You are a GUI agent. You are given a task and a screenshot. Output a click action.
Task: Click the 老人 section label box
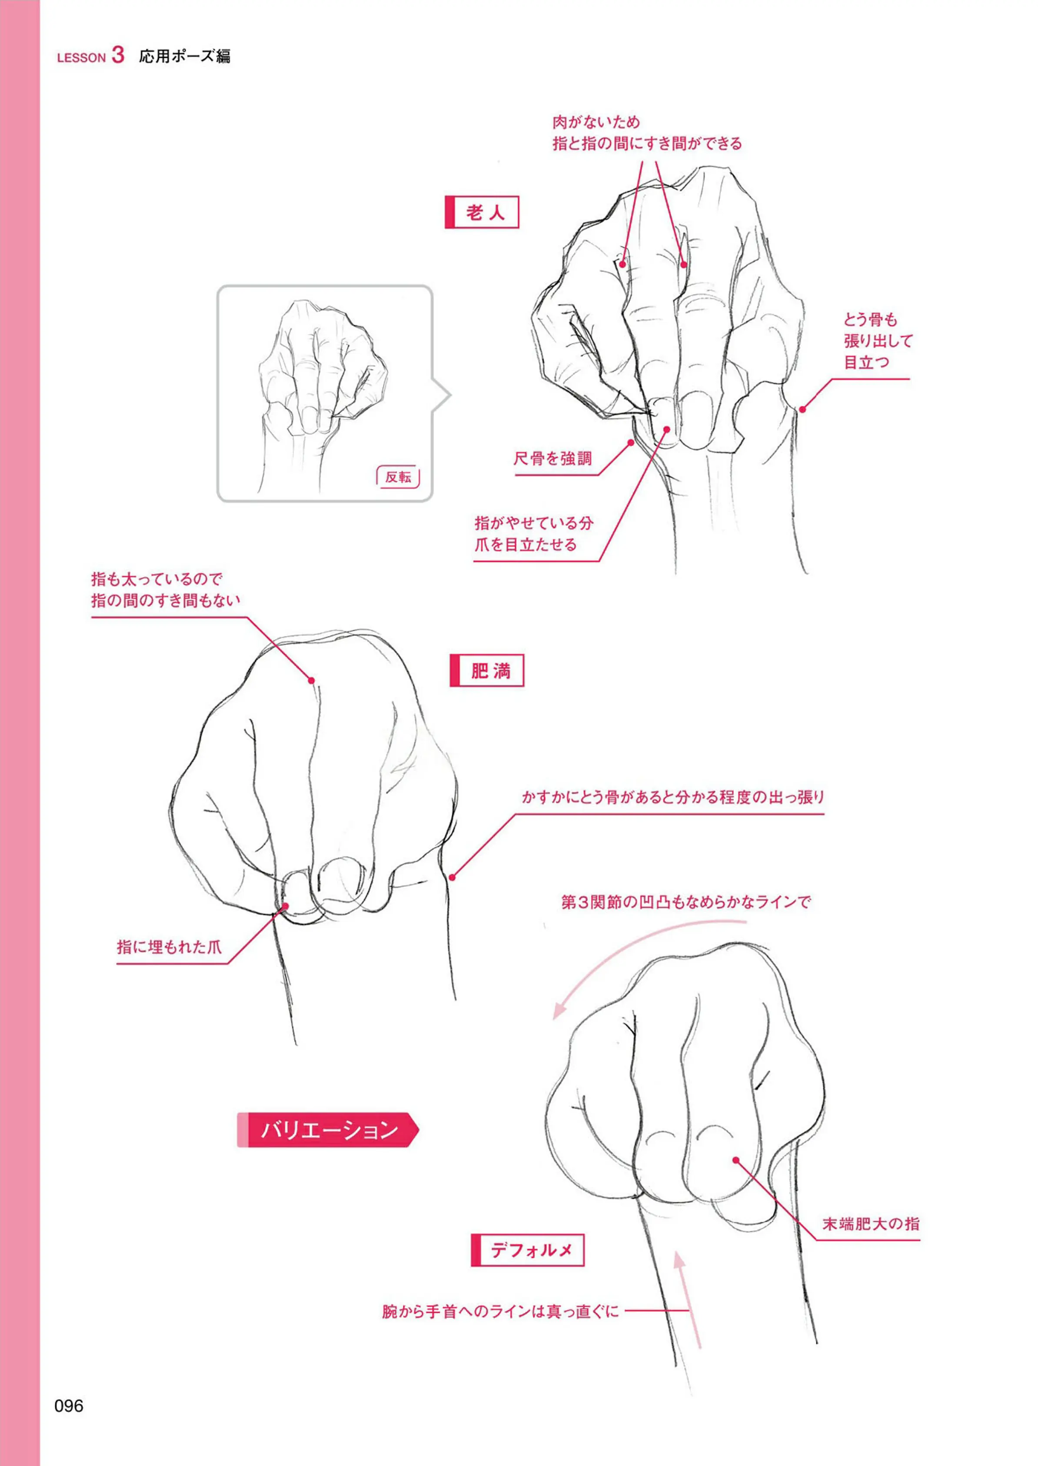[482, 212]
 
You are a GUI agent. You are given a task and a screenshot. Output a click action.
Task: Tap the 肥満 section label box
[487, 670]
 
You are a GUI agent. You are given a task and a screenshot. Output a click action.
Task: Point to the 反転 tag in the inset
[398, 477]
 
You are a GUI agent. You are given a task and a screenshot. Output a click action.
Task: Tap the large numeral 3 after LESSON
[118, 55]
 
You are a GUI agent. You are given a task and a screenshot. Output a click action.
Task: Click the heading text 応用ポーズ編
[185, 56]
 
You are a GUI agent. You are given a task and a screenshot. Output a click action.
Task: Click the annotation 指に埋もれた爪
[170, 947]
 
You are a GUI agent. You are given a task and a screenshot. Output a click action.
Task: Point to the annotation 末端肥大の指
[871, 1224]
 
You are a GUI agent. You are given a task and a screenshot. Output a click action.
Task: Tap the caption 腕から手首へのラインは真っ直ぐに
[500, 1311]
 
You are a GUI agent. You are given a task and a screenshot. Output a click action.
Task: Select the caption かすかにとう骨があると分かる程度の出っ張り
[673, 797]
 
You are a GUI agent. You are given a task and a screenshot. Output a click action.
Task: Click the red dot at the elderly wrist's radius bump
[802, 409]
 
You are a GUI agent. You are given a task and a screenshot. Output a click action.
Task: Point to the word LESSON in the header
[81, 57]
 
